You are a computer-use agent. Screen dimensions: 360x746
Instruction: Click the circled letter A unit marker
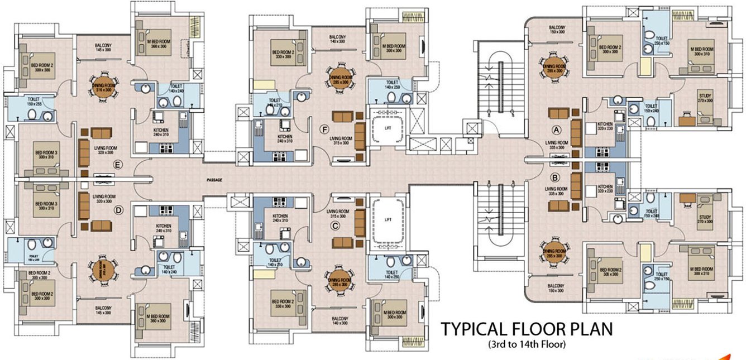point(556,129)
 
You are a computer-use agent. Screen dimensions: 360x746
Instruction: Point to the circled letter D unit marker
point(118,210)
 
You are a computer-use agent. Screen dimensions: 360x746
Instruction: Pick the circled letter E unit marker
point(117,164)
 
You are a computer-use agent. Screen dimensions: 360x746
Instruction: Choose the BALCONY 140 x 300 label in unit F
point(337,39)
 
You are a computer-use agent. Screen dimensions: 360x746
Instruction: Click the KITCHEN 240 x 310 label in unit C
point(280,218)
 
